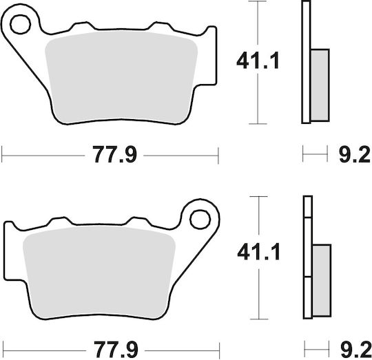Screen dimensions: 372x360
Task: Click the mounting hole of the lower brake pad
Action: point(200,220)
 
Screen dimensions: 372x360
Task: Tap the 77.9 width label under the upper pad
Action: point(114,155)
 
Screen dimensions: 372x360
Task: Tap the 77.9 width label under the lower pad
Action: point(116,350)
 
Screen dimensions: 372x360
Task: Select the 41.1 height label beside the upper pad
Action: point(258,61)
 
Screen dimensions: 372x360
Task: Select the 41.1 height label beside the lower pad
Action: point(258,251)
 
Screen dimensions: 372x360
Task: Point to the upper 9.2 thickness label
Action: point(355,154)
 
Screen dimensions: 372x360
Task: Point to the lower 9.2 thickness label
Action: point(356,350)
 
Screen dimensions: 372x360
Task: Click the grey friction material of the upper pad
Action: point(121,77)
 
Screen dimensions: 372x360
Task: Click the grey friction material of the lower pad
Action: point(99,272)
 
